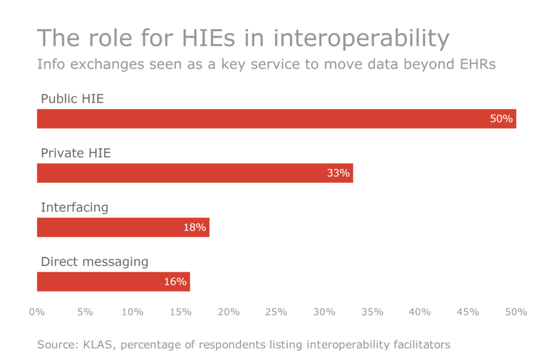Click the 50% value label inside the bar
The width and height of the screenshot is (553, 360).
pyautogui.click(x=501, y=119)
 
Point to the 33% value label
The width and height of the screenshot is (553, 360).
pyautogui.click(x=338, y=173)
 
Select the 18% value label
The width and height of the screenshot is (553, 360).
pyautogui.click(x=194, y=227)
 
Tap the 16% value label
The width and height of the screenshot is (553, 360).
pyautogui.click(x=175, y=282)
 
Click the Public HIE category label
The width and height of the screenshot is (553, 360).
pyautogui.click(x=72, y=99)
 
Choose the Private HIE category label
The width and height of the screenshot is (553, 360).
pyautogui.click(x=76, y=153)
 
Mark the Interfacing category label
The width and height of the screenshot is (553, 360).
pyautogui.click(x=75, y=207)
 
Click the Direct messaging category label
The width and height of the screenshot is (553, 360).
pyautogui.click(x=95, y=262)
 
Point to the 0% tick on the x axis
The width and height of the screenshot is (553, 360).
pyautogui.click(x=37, y=312)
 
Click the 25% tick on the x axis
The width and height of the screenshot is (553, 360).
pyautogui.click(x=276, y=312)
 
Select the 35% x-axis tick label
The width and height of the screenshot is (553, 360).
pyautogui.click(x=372, y=312)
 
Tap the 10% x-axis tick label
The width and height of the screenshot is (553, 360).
pyautogui.click(x=132, y=312)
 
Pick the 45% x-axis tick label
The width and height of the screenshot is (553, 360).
pyautogui.click(x=468, y=312)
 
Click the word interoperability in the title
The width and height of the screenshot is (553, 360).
pyautogui.click(x=361, y=39)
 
